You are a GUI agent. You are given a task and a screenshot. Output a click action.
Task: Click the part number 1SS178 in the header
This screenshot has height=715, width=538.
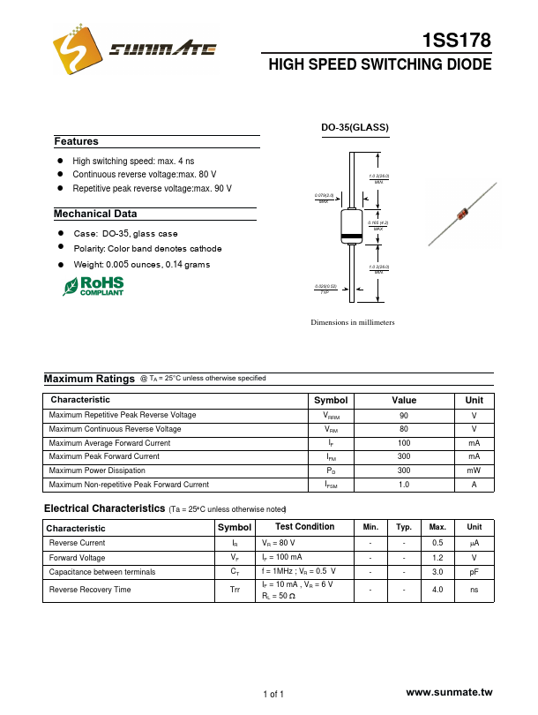pyautogui.click(x=458, y=41)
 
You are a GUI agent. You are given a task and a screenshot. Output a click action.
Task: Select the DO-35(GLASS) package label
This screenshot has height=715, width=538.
pyautogui.click(x=355, y=128)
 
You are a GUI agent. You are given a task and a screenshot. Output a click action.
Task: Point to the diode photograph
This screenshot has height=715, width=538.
pyautogui.click(x=458, y=215)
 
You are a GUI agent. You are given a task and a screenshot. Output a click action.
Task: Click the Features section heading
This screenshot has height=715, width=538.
pyautogui.click(x=77, y=141)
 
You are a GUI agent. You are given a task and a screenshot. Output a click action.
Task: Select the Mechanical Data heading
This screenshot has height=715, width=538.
pyautogui.click(x=95, y=214)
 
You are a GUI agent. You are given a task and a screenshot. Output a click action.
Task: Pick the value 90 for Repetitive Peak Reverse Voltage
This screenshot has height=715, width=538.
pyautogui.click(x=404, y=415)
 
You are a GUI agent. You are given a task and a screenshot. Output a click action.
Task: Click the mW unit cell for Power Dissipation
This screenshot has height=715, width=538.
pyautogui.click(x=474, y=470)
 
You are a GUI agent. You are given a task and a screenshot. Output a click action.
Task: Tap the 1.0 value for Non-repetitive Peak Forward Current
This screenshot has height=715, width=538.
pyautogui.click(x=404, y=485)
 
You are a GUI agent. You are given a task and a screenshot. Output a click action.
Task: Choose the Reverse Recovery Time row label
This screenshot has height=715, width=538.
pyautogui.click(x=91, y=589)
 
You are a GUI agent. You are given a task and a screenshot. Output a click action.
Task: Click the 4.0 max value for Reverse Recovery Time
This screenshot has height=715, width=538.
pyautogui.click(x=437, y=589)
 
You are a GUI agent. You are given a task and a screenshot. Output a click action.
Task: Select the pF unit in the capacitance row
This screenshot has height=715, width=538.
pyautogui.click(x=474, y=572)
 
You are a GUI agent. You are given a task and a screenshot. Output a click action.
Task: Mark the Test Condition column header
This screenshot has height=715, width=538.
pyautogui.click(x=305, y=527)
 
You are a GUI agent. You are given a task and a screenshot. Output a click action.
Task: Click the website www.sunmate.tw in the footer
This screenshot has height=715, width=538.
pyautogui.click(x=448, y=695)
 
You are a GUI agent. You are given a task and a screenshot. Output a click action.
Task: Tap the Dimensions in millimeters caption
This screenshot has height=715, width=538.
pyautogui.click(x=353, y=322)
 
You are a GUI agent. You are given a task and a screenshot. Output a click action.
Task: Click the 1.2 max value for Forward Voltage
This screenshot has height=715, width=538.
pyautogui.click(x=437, y=558)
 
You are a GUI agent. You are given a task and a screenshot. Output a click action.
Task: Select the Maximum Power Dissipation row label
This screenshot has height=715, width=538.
pyautogui.click(x=97, y=470)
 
